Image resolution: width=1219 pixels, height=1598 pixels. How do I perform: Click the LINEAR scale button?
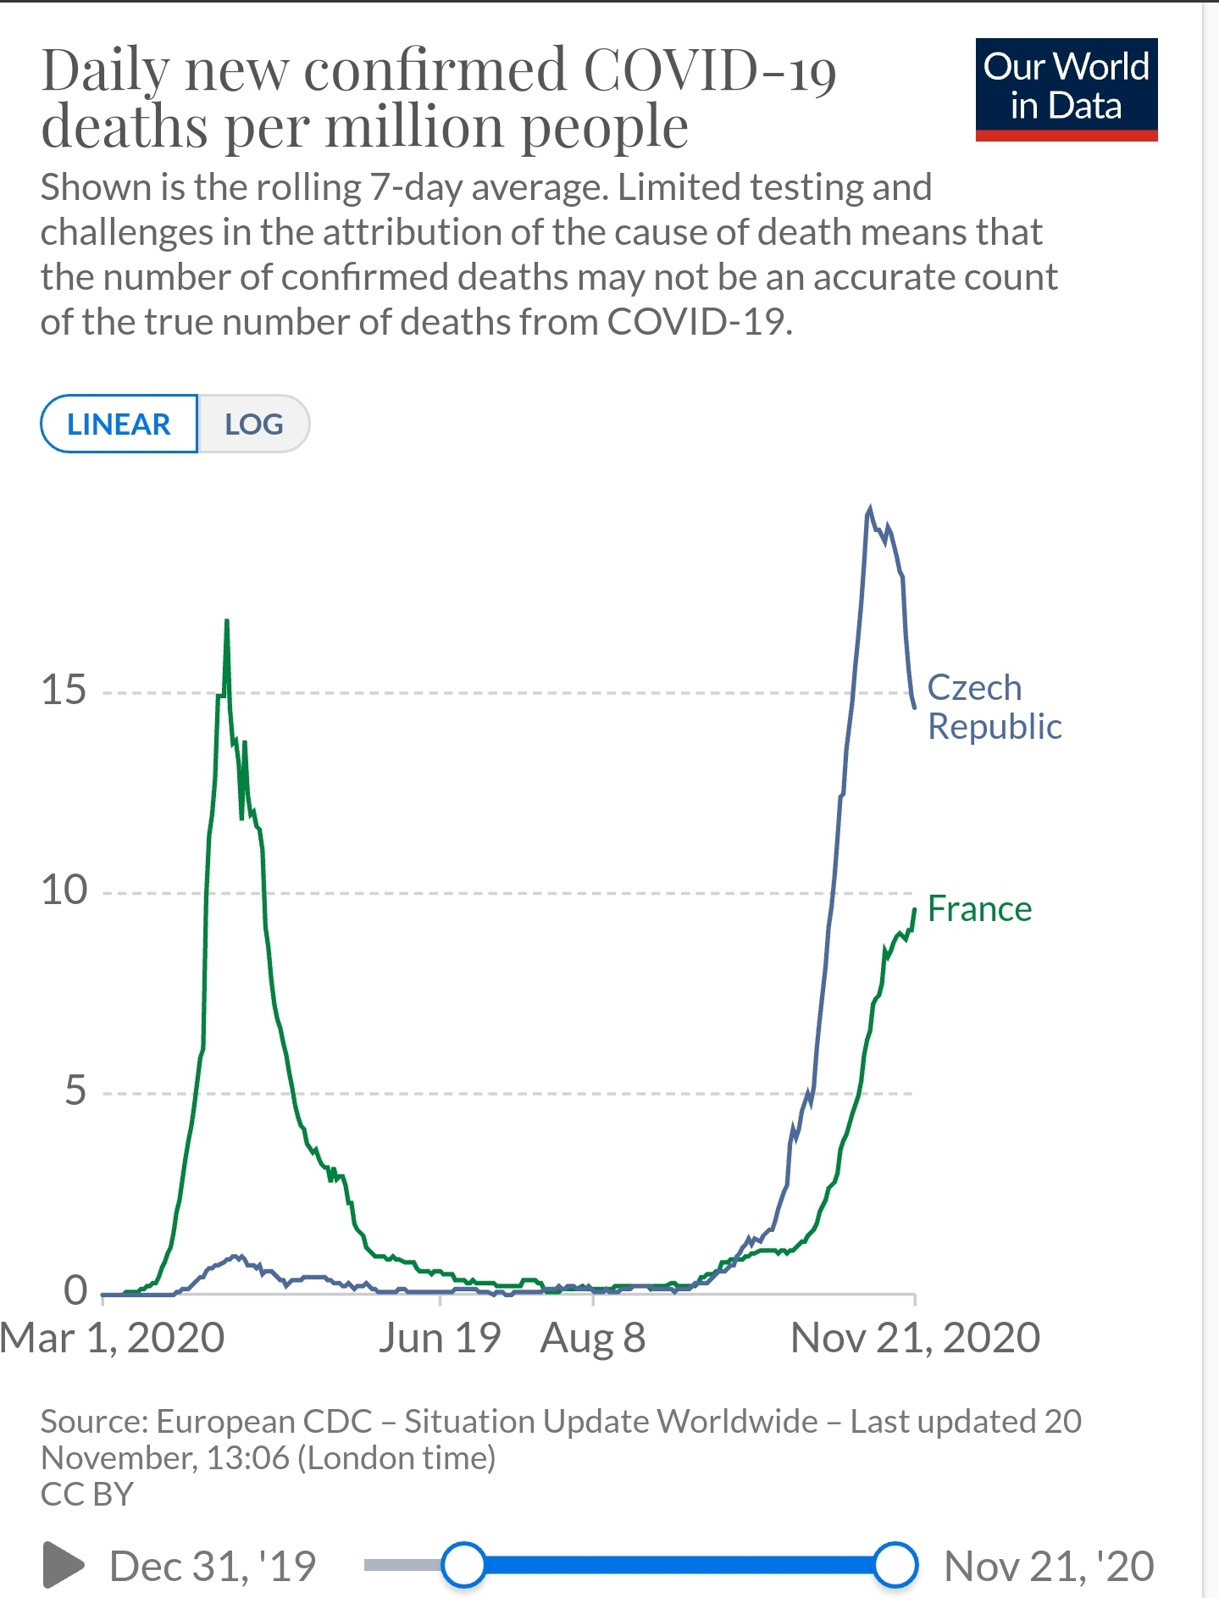[x=119, y=424]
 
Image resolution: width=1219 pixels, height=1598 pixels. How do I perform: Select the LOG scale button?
[x=254, y=424]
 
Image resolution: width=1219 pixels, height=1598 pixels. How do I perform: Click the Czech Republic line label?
[x=994, y=707]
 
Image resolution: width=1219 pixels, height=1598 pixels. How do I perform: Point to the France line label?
[x=979, y=909]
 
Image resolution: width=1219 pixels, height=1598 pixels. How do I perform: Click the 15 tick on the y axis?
[x=64, y=691]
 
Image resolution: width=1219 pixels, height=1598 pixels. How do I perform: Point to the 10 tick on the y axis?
[x=64, y=891]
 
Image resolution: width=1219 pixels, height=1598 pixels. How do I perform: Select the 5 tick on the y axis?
[x=75, y=1090]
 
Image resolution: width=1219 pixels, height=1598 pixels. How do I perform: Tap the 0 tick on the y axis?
[x=75, y=1290]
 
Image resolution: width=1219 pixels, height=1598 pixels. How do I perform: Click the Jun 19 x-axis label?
[x=440, y=1339]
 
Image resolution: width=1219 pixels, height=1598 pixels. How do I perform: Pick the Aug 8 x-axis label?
[x=593, y=1339]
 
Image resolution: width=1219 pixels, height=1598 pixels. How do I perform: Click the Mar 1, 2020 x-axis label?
[x=113, y=1339]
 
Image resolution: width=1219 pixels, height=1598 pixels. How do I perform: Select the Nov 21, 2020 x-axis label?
[x=915, y=1339]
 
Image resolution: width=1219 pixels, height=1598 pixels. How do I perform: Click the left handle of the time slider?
[x=463, y=1565]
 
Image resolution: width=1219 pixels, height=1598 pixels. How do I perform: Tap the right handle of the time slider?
[x=895, y=1565]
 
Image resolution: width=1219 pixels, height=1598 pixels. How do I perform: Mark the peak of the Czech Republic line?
[x=869, y=508]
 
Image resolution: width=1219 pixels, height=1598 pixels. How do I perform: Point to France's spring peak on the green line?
[x=227, y=621]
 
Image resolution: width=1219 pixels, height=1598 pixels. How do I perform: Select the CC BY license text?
[x=87, y=1494]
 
